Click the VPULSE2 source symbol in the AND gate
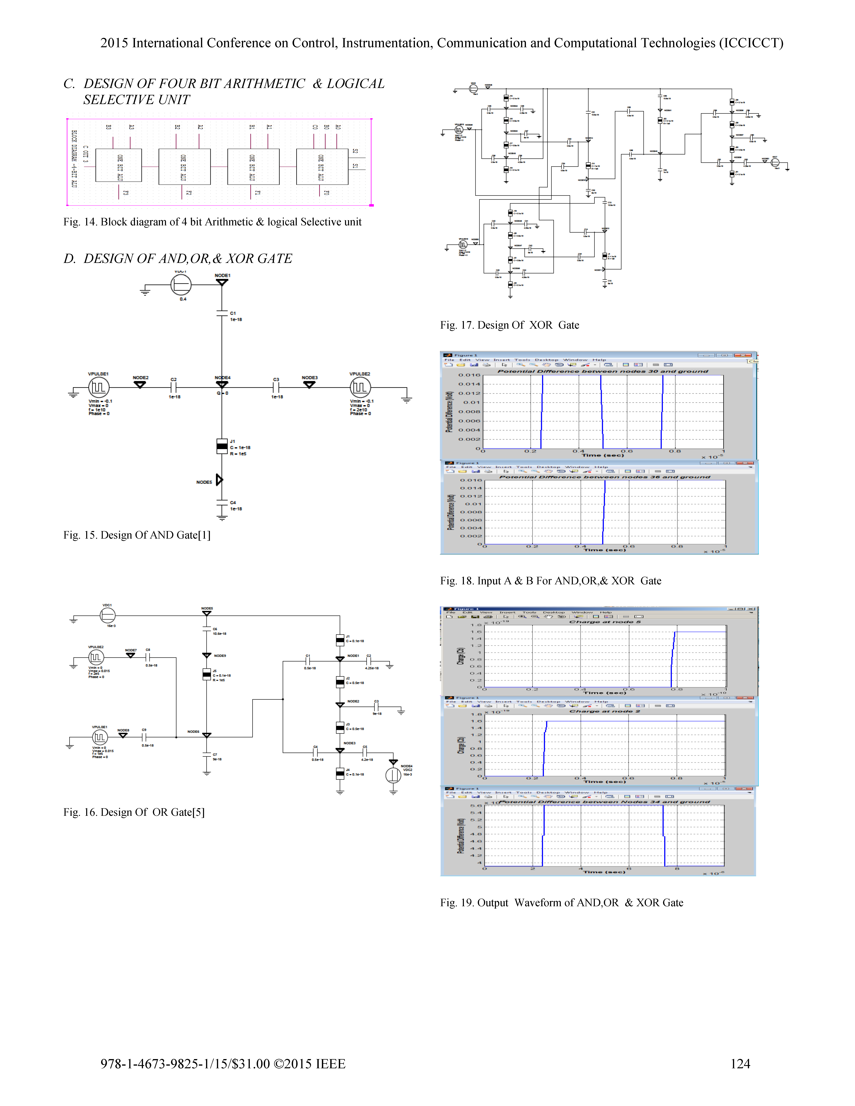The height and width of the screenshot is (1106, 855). (360, 388)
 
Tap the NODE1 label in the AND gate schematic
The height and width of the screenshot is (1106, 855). (222, 275)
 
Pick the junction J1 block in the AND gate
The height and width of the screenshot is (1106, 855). (222, 446)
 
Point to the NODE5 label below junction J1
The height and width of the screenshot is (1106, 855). (204, 482)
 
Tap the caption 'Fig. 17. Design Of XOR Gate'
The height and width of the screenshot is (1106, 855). (509, 325)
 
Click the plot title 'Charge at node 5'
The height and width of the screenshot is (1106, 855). (605, 622)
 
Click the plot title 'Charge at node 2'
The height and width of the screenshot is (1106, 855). (605, 711)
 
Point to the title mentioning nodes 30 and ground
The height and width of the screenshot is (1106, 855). (603, 371)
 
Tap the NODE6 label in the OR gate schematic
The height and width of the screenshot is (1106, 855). (193, 732)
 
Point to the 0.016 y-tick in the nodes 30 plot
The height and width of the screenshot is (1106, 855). (469, 375)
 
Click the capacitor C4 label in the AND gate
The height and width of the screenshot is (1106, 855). (233, 502)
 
